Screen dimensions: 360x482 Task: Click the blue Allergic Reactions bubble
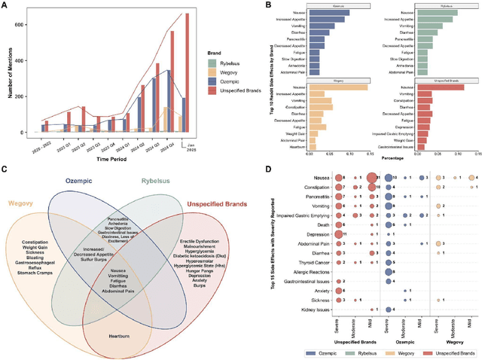pos(389,272)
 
